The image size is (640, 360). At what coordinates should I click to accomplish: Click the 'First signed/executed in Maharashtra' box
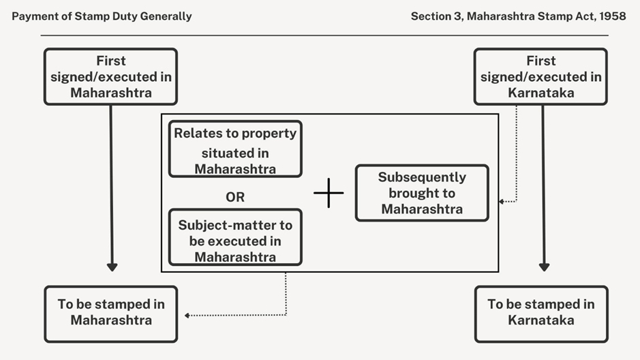110,76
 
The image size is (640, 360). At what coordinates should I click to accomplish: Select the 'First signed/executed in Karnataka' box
540,76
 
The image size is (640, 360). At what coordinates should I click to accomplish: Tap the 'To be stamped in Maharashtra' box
110,314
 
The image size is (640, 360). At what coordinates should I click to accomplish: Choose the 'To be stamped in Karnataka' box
540,314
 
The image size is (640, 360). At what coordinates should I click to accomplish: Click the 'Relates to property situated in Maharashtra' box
235,149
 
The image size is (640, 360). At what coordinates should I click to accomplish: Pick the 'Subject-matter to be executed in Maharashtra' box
235,237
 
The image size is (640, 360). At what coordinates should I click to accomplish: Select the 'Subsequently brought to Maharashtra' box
422,193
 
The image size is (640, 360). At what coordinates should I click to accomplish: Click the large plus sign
329,193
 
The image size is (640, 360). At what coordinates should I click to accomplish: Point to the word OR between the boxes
235,197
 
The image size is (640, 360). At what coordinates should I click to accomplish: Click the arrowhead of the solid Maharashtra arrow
112,267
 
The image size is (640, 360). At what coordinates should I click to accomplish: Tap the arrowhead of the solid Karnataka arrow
543,267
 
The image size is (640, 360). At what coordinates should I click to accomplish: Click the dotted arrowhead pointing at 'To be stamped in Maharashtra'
187,315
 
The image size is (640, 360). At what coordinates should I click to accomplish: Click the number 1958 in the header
612,16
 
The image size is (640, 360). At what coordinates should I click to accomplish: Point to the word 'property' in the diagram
271,134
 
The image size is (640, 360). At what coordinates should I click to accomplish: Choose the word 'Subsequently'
422,177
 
